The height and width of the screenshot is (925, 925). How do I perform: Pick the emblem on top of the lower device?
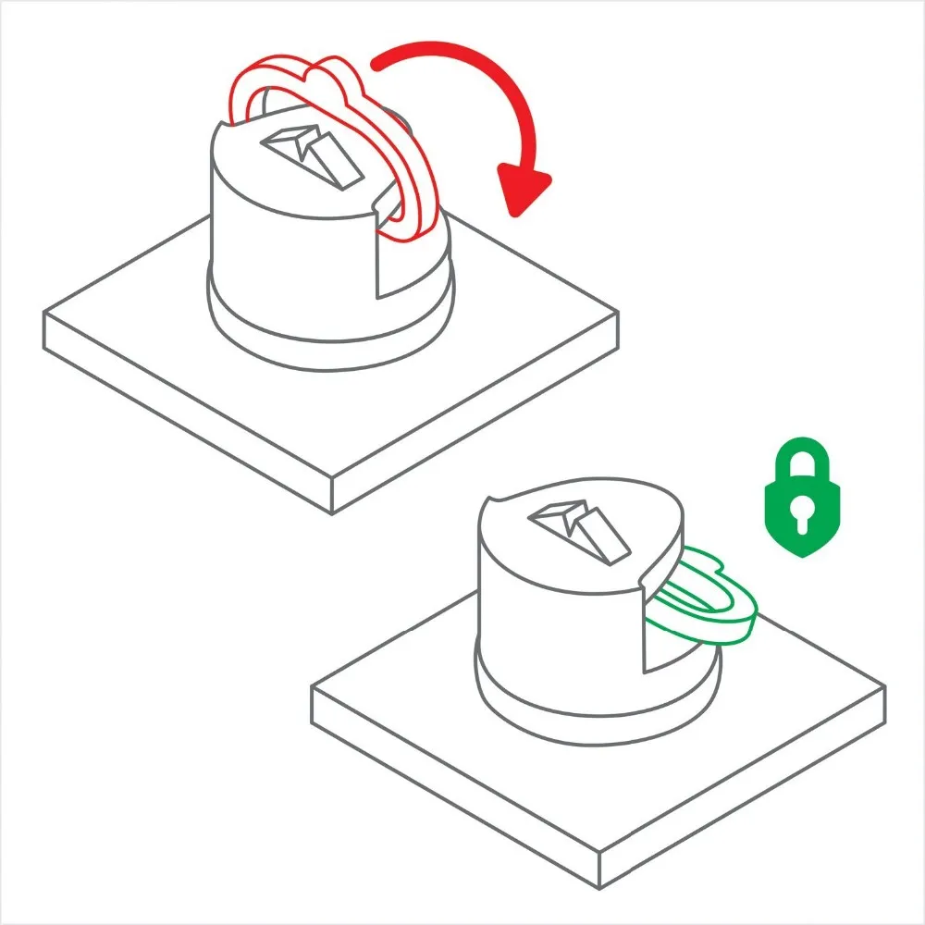click(579, 529)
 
